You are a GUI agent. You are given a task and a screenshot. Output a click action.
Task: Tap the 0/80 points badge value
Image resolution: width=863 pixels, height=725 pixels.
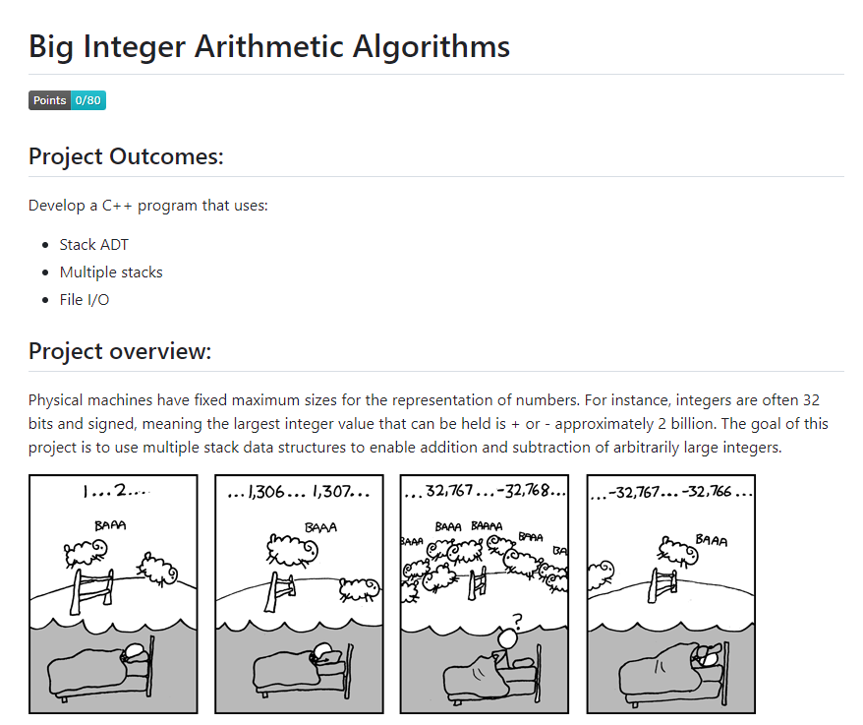click(x=88, y=100)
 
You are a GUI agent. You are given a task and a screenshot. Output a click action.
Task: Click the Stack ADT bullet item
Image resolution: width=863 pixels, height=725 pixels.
click(x=93, y=244)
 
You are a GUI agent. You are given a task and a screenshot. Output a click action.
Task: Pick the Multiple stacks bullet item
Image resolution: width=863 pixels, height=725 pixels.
click(x=111, y=272)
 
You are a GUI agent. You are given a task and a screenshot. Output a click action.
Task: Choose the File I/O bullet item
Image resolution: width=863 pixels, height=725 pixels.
click(x=85, y=299)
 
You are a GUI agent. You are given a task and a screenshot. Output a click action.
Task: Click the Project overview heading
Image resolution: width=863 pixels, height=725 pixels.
click(x=120, y=351)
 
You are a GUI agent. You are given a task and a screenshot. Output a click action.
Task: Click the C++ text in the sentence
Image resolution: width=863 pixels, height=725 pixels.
click(x=120, y=206)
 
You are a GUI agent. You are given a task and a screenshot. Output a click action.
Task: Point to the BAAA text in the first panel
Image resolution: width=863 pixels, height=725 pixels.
click(x=109, y=526)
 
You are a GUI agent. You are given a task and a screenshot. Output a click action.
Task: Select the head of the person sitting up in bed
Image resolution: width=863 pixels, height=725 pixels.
click(x=508, y=640)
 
